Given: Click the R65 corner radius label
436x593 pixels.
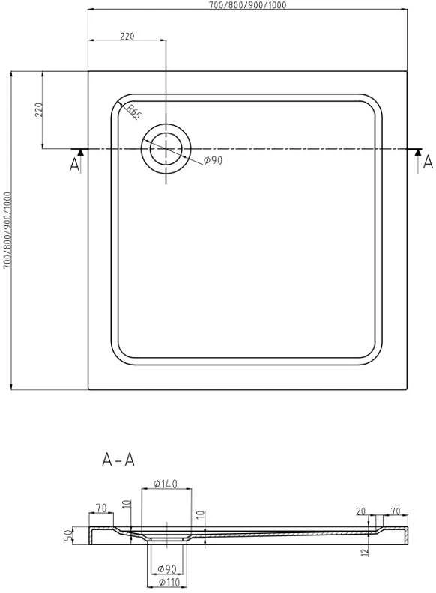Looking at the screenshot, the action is [x=133, y=112].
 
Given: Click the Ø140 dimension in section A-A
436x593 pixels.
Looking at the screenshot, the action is [x=166, y=484].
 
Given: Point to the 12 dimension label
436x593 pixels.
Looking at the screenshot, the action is [x=365, y=552].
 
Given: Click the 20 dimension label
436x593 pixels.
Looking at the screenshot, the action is [x=361, y=511].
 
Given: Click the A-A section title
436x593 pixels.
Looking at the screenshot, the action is [x=118, y=460].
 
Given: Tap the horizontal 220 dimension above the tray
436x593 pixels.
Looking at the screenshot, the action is [x=127, y=36].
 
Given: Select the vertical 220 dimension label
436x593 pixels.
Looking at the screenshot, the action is [x=39, y=109].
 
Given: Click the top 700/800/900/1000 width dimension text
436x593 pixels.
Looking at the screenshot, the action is [x=248, y=5].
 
